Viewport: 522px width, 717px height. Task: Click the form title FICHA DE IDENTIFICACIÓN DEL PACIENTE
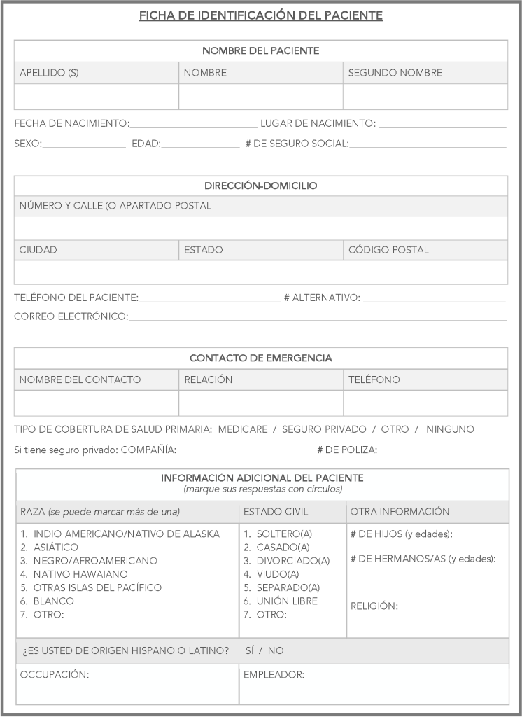coord(261,15)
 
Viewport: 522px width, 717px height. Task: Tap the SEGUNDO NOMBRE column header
coord(395,73)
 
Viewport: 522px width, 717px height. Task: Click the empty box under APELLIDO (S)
coord(97,97)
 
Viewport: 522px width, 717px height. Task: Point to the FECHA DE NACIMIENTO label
coord(72,124)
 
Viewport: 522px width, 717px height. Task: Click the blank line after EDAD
coord(201,144)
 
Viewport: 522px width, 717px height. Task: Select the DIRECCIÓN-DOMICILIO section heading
coord(261,186)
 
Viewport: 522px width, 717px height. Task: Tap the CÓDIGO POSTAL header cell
coord(388,250)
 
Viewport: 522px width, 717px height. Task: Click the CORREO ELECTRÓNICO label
coord(71,317)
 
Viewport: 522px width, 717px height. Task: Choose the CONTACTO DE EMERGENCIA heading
coord(261,358)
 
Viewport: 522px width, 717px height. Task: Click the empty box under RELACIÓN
coord(260,403)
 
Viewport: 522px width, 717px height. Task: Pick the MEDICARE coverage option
coord(243,429)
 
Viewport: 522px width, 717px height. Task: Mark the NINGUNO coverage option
coord(450,429)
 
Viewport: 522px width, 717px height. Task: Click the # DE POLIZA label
coord(347,450)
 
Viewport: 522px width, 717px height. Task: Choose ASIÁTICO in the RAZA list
coord(56,548)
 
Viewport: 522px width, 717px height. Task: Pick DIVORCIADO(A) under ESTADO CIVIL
coord(292,561)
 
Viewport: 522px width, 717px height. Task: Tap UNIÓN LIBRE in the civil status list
coord(287,601)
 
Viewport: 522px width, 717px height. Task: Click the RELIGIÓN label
coord(374,606)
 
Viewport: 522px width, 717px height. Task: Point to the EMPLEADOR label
coord(274,675)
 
